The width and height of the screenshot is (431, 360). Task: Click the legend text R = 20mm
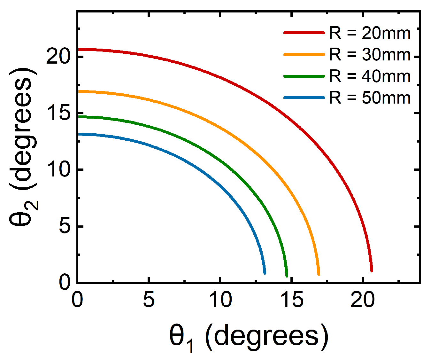click(370, 33)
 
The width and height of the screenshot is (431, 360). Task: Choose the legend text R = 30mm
click(370, 55)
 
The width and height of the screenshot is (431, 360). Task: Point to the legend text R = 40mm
click(370, 76)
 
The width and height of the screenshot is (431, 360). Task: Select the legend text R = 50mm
click(370, 98)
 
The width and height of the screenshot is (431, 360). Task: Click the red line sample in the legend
click(304, 33)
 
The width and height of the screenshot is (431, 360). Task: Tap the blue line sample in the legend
click(304, 98)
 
